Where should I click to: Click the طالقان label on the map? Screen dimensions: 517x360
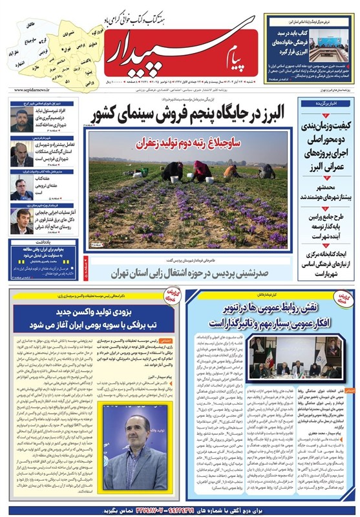pyautogui.click(x=32, y=25)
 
